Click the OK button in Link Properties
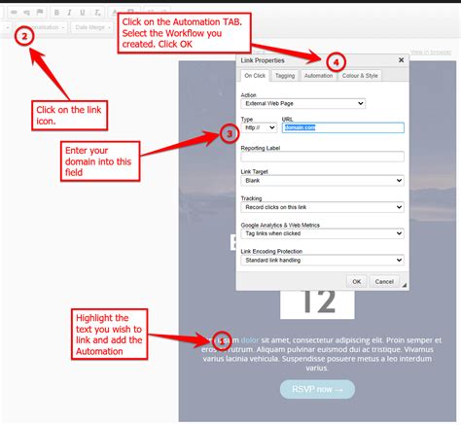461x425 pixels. tap(357, 281)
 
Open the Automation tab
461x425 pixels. tap(317, 75)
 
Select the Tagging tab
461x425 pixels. tap(285, 75)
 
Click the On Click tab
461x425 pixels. tap(255, 75)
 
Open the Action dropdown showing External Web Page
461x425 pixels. tap(302, 103)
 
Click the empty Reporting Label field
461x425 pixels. tap(322, 156)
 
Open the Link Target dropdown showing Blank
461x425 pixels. tap(322, 181)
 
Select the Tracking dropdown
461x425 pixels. tap(322, 207)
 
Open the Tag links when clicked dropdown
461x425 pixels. tap(322, 233)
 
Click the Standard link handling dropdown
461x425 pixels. tap(322, 260)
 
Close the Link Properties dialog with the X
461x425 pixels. tap(401, 59)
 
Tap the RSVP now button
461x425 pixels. tap(317, 390)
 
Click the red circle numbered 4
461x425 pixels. tap(335, 60)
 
